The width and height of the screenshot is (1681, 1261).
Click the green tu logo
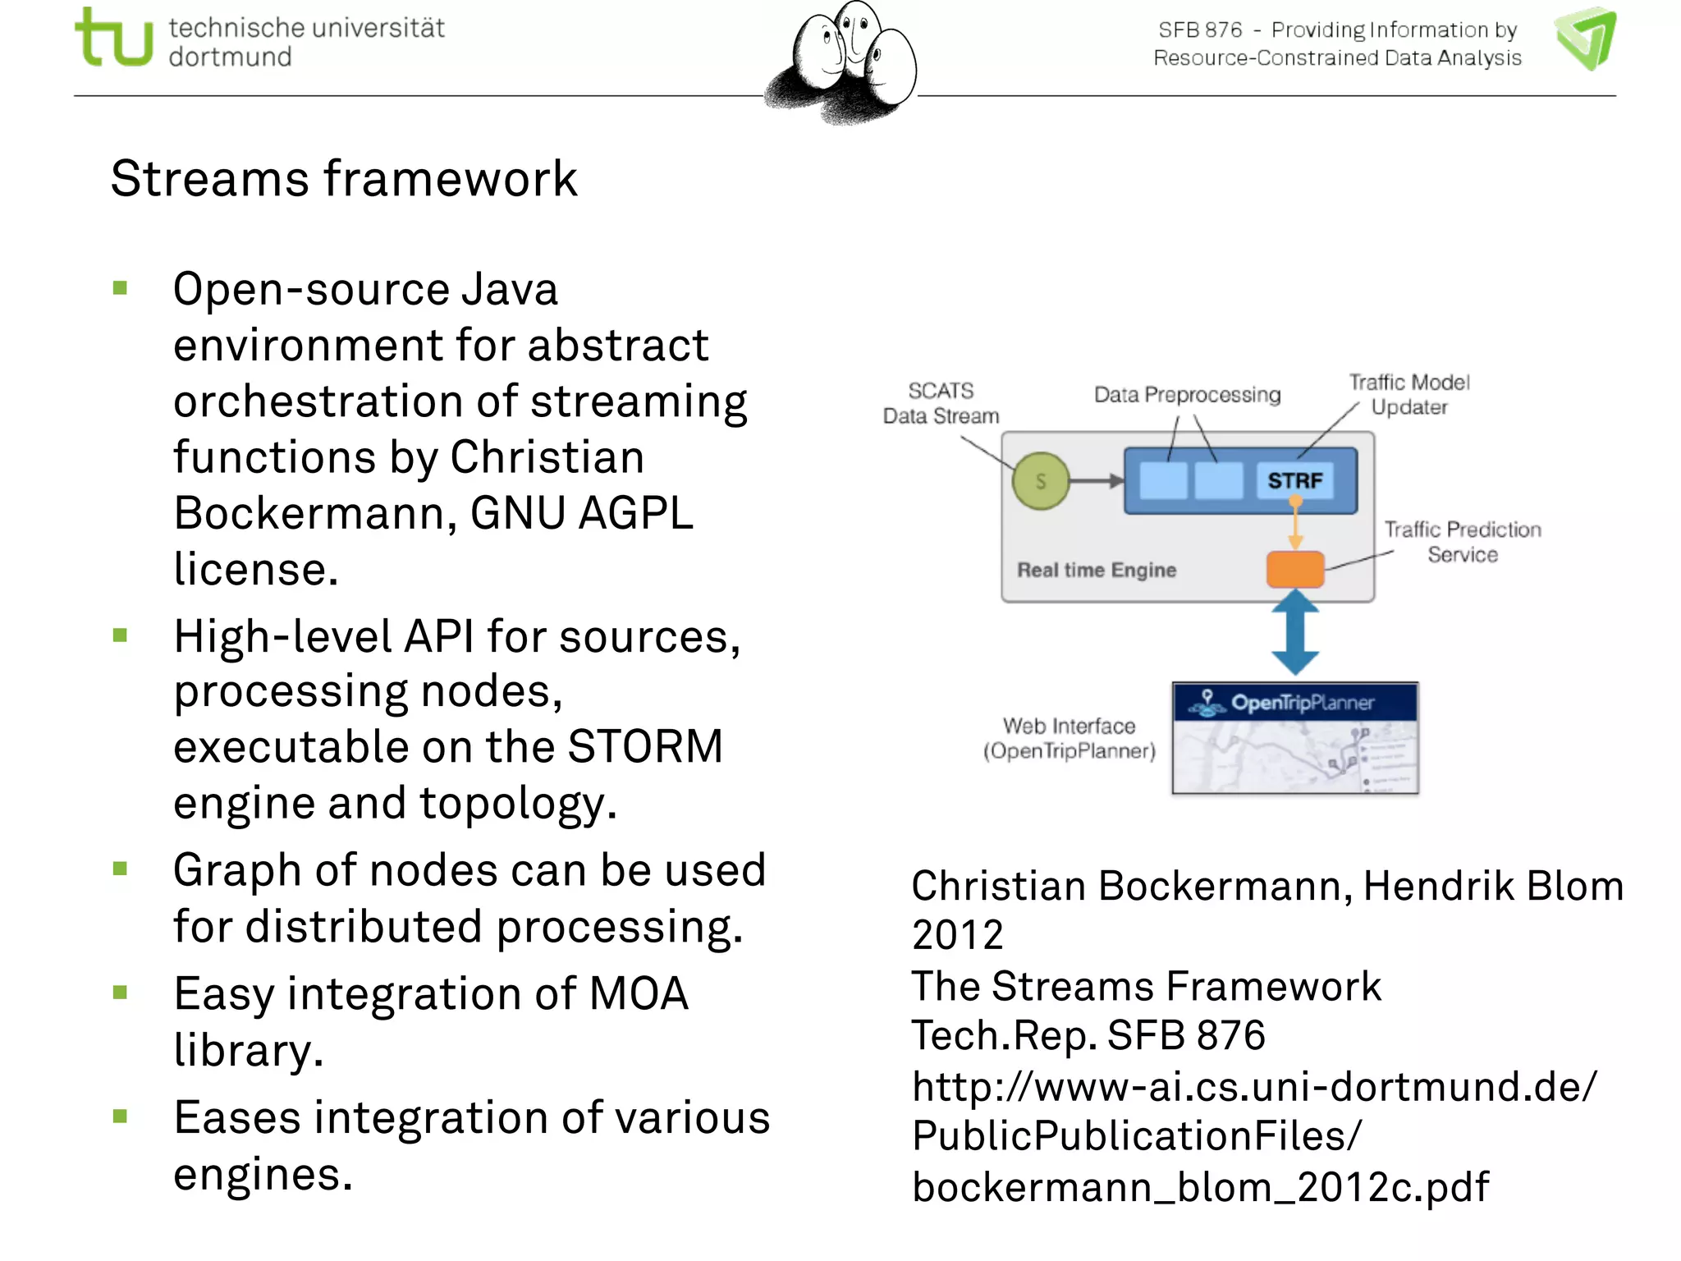pos(113,38)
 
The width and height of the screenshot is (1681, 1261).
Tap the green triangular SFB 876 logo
pos(1587,38)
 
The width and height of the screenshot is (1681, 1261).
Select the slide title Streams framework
pos(344,179)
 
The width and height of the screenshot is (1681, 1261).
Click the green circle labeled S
pos(1041,481)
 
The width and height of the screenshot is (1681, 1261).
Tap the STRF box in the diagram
pos(1294,481)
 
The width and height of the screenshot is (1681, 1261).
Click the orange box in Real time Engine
pos(1294,569)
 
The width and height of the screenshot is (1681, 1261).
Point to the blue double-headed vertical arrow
pos(1294,633)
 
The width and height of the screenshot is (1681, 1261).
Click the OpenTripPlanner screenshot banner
pos(1294,703)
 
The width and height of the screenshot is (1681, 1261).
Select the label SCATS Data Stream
pos(941,403)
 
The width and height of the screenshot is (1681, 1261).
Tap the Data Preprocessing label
pos(1187,395)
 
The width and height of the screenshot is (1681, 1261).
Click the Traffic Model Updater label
pos(1409,395)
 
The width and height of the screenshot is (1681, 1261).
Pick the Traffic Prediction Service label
pos(1463,542)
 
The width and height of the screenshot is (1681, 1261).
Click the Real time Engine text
pos(1097,570)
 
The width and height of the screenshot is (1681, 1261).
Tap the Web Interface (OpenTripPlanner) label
pos(1069,738)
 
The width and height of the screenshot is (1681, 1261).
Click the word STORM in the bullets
pos(645,747)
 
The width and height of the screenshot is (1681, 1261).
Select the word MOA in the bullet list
pos(639,993)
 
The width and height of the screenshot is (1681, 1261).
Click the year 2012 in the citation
pos(958,935)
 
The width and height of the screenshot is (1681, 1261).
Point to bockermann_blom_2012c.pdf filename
pos(1200,1187)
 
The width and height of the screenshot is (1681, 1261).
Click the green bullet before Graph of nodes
pos(121,869)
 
